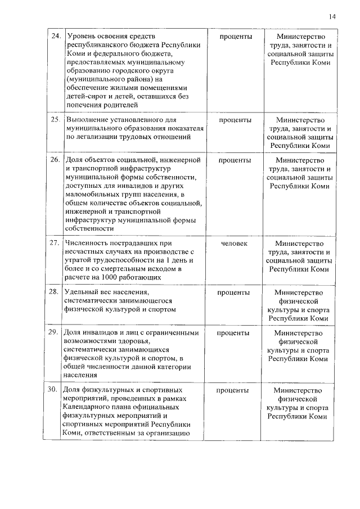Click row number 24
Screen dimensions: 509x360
[x=55, y=37]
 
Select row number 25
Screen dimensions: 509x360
[x=55, y=120]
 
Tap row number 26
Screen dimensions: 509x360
[x=55, y=160]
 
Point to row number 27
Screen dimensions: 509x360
[x=55, y=243]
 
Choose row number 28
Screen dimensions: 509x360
[x=55, y=292]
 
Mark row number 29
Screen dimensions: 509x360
[x=55, y=332]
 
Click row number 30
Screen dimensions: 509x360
[x=55, y=390]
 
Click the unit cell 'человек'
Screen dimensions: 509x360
[x=235, y=243]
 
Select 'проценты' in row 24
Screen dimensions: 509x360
[x=235, y=37]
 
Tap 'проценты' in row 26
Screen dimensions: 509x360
[x=235, y=160]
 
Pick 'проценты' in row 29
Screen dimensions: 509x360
[x=235, y=332]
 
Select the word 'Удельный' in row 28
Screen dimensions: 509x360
[x=84, y=292]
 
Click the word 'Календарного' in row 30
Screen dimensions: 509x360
[x=91, y=407]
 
